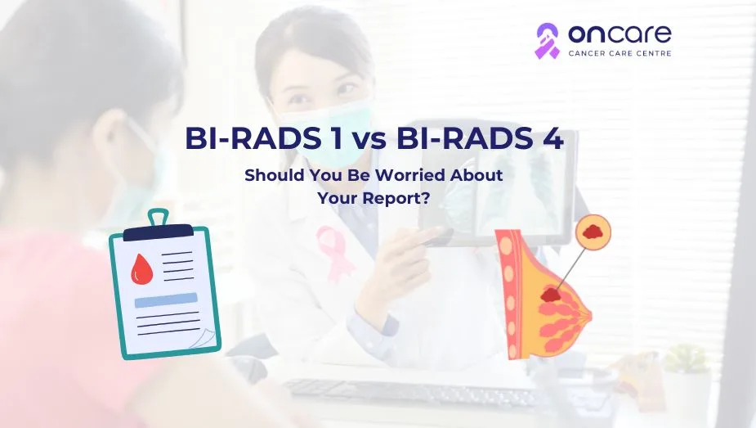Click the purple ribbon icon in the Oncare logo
(547, 40)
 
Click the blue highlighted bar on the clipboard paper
(166, 300)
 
